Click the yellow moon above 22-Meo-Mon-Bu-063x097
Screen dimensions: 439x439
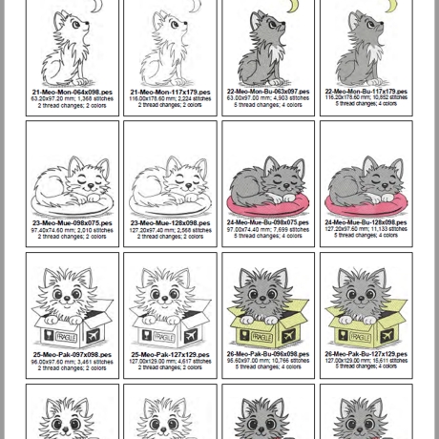coord(292,8)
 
